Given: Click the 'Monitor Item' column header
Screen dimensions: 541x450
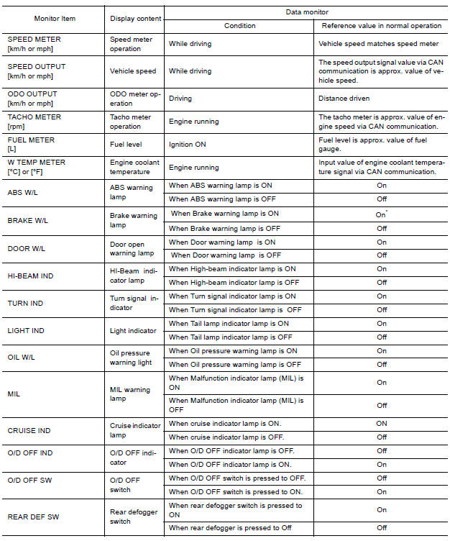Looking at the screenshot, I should click(55, 19).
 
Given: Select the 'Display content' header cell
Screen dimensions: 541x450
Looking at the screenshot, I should click(136, 19).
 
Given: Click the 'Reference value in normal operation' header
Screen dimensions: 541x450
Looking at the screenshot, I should click(381, 26).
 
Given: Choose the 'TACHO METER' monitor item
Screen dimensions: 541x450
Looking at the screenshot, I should click(34, 121).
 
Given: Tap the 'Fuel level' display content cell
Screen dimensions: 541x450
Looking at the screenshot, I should click(126, 145).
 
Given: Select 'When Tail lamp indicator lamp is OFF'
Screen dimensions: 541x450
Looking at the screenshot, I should click(230, 337).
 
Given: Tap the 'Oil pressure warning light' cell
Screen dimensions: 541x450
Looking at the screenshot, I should click(131, 357).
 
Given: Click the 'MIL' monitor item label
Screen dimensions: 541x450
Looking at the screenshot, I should click(14, 394).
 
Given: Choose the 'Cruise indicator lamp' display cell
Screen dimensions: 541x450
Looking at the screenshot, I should click(135, 430).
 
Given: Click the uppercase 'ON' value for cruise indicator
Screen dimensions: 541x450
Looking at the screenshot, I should click(382, 423).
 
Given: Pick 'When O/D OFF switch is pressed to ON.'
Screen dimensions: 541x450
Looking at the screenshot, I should click(236, 491).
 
